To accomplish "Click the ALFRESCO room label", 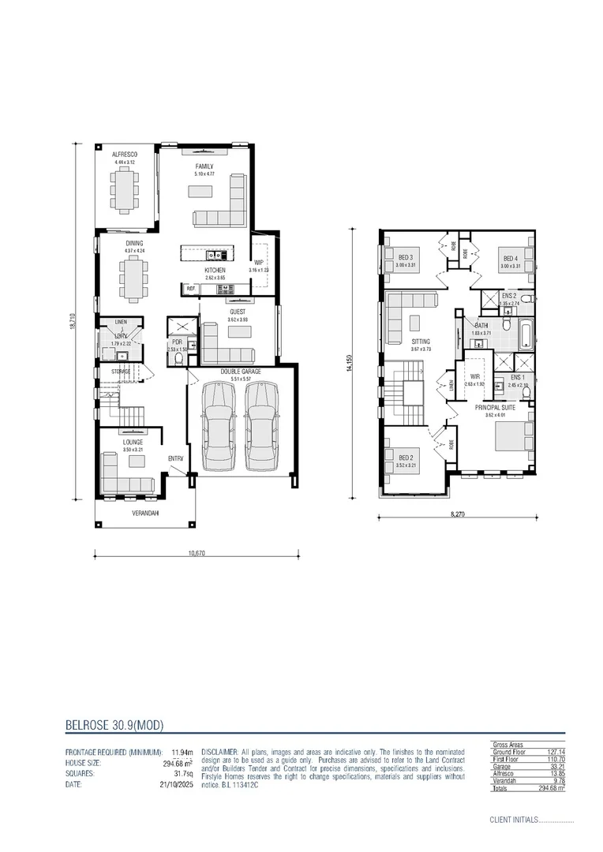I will point(124,155).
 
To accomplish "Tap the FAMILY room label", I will point(204,166).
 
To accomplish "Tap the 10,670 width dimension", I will point(197,553).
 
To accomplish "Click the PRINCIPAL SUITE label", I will point(494,407).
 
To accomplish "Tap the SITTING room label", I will point(421,341).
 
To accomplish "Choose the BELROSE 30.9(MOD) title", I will point(114,725).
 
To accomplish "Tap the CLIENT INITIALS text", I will point(513,820).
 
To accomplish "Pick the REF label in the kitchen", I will point(190,290).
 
